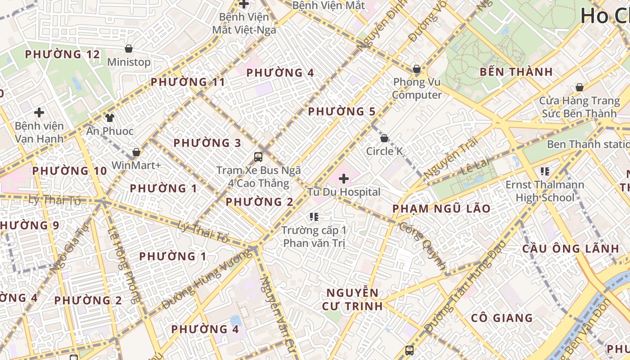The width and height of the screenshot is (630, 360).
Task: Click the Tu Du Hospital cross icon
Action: point(344,179)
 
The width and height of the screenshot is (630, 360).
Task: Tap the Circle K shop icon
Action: point(384,138)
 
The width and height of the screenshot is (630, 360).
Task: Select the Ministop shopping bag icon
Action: point(129,49)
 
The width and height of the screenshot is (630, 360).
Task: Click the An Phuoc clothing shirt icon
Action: point(110,118)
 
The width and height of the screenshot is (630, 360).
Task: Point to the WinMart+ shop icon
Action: point(136,153)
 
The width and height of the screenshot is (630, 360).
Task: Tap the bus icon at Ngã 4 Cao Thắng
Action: point(258,157)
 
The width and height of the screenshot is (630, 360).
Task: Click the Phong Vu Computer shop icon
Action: point(417,69)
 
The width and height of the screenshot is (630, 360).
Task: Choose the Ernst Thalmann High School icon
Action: point(544,171)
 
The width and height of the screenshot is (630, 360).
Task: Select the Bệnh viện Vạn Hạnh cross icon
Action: point(39,112)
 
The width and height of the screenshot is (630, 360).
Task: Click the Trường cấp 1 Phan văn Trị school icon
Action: point(314,217)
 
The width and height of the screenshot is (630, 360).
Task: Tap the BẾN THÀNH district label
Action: point(516,72)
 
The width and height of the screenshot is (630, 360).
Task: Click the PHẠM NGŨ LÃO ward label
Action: point(441,209)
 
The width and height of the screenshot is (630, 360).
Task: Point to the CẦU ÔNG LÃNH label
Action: point(571,249)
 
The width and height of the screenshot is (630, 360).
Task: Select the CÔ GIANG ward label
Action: point(502,318)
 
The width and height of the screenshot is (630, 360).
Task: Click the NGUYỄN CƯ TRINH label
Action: point(352,300)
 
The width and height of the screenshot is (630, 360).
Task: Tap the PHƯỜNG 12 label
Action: point(62,54)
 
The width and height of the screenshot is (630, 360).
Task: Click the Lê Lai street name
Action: point(475,166)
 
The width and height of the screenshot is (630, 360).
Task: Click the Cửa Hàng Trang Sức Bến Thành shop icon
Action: point(580,87)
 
